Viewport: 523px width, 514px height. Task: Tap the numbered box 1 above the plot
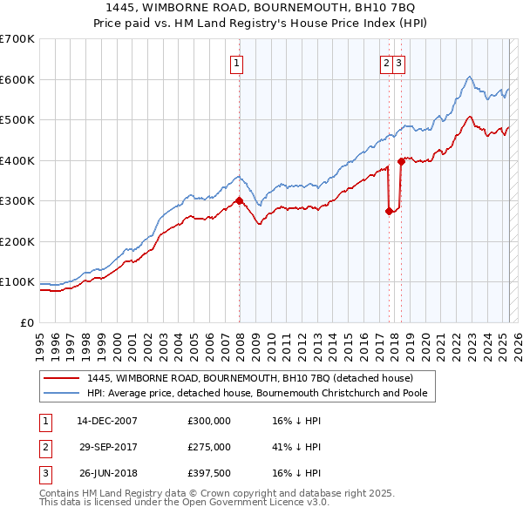pos(236,62)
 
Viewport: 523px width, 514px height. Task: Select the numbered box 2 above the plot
pos(386,62)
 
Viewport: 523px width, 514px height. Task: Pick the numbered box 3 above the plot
pos(398,62)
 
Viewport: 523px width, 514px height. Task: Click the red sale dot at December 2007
pos(239,201)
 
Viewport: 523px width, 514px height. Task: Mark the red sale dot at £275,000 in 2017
pos(390,211)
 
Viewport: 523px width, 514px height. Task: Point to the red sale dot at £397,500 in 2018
pos(401,161)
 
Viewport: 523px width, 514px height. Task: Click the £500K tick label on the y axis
pos(17,120)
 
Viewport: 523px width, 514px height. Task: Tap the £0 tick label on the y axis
pos(27,322)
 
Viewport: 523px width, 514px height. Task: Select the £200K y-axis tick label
pos(17,241)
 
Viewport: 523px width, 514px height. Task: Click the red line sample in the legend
pos(61,378)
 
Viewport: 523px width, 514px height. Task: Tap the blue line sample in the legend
pos(61,394)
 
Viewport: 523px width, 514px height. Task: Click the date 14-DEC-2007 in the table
pos(107,420)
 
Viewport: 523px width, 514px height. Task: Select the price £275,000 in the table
pos(209,447)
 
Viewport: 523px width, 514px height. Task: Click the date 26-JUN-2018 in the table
pos(107,474)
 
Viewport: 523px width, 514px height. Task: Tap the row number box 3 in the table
pos(43,474)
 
